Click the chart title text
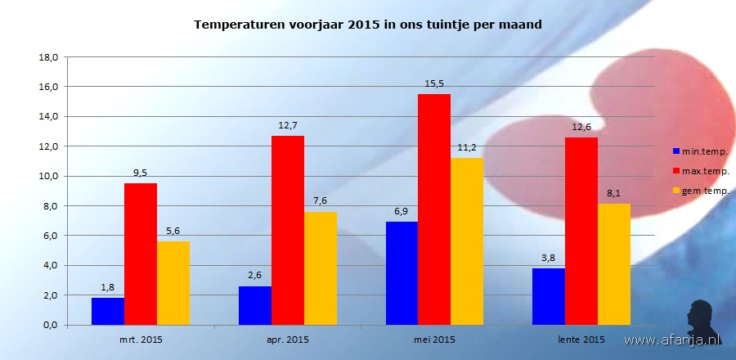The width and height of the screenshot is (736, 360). tap(368, 25)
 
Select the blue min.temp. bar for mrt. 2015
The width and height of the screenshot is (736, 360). tap(108, 311)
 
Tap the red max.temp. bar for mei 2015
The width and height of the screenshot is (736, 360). tap(434, 209)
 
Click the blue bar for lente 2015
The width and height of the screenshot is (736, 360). tap(549, 296)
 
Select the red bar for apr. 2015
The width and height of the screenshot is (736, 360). tap(288, 230)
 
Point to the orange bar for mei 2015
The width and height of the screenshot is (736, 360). tap(467, 241)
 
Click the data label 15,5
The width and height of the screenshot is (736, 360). tap(434, 83)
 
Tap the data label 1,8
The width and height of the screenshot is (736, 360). tap(108, 287)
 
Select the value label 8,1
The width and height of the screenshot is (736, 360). tap(614, 193)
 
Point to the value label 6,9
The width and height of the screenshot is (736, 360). tap(402, 211)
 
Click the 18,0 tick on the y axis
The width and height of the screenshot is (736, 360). tap(47, 57)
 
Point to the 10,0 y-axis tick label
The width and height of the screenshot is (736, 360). tap(47, 176)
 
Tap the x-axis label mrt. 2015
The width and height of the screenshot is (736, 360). tap(141, 338)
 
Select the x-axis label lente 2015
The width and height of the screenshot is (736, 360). tap(581, 338)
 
